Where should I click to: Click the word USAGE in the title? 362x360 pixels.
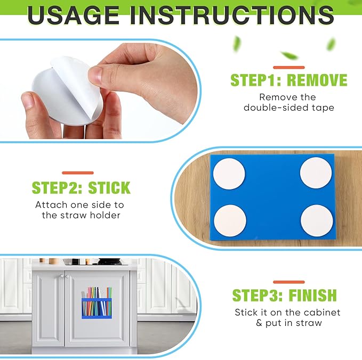click(x=74, y=15)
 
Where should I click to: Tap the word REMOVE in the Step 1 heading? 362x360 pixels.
click(x=317, y=80)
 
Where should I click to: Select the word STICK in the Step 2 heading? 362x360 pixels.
click(x=109, y=188)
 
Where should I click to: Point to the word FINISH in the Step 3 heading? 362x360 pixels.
click(x=313, y=295)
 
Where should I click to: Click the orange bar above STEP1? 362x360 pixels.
click(x=289, y=67)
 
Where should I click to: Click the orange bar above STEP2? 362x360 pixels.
click(x=78, y=173)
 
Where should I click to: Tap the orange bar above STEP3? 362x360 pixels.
click(x=289, y=282)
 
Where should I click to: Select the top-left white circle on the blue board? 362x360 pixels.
click(x=229, y=174)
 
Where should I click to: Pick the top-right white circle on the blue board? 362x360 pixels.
click(x=316, y=173)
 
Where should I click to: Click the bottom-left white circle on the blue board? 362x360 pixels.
click(x=230, y=220)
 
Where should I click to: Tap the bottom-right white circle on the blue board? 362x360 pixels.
click(x=317, y=220)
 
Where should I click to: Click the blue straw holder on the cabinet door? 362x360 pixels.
click(x=96, y=308)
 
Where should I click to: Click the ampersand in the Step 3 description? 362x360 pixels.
click(x=259, y=323)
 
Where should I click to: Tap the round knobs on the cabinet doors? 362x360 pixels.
click(x=63, y=276)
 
